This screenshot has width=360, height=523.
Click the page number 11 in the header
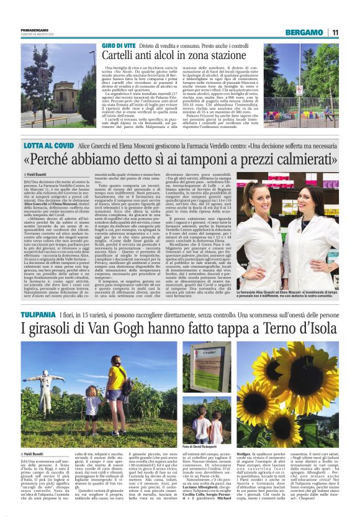(335, 32)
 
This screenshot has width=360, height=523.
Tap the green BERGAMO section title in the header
(304, 32)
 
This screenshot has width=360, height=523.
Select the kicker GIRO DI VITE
(119, 47)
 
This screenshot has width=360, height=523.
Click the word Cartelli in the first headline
(122, 57)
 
